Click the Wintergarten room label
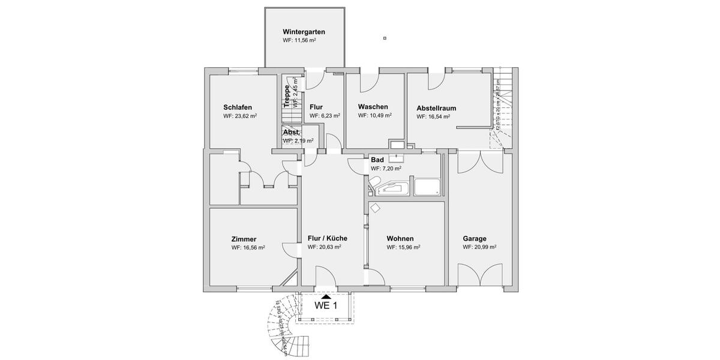[304, 32]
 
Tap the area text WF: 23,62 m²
[240, 116]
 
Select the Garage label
[474, 238]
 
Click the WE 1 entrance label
[326, 305]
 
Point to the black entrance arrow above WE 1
[326, 296]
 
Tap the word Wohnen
[400, 238]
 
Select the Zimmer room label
[244, 239]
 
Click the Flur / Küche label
[328, 238]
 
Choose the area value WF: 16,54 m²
[433, 116]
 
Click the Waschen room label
[373, 106]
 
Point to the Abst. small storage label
[292, 133]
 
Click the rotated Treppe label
[287, 95]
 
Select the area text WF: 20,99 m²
[479, 247]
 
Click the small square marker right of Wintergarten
[385, 38]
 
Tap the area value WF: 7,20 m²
[386, 169]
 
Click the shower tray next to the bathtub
[427, 187]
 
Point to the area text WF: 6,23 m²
[325, 116]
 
